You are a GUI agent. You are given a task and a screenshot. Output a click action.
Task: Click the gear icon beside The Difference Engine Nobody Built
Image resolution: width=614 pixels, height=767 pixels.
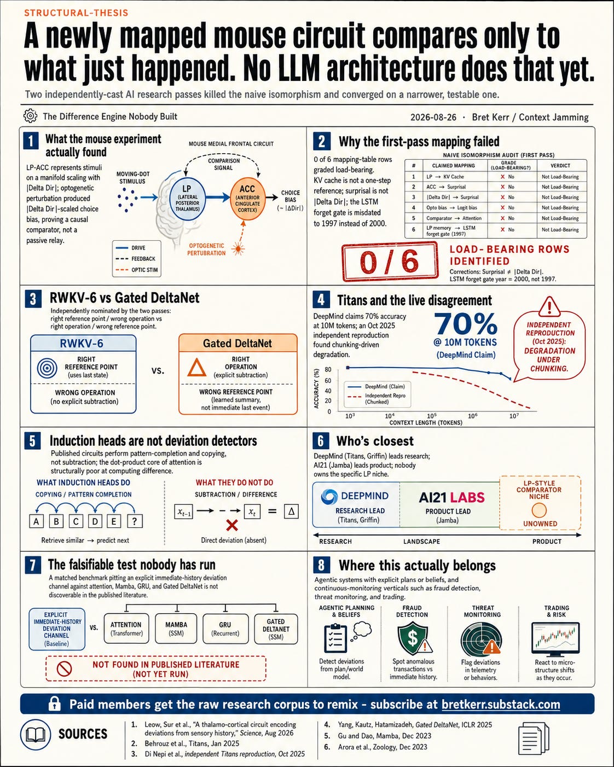point(30,116)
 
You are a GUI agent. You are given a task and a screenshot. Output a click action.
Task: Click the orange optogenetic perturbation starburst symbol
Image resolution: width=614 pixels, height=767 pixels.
point(238,248)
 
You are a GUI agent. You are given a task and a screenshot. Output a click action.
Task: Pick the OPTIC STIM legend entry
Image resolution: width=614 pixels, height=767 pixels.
point(137,270)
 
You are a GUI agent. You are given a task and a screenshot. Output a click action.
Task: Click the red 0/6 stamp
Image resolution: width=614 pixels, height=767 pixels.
point(390,261)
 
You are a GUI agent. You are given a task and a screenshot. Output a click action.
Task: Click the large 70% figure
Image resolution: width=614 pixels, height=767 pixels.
point(466,323)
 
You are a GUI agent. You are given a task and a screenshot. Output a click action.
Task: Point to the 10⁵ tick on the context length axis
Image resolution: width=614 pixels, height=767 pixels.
point(431,416)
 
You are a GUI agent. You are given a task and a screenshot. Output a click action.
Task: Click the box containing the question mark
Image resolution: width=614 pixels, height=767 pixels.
point(134,521)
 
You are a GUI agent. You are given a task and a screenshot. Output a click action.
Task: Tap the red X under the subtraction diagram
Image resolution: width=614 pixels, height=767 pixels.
point(232,525)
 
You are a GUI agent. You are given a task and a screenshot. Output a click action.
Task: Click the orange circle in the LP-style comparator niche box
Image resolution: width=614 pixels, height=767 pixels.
point(539,510)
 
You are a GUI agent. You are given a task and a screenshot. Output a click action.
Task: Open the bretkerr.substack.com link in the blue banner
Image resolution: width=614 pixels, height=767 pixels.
point(501,704)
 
